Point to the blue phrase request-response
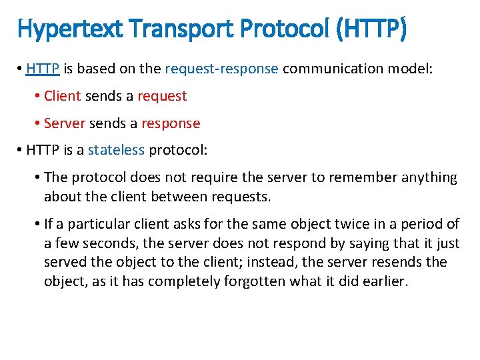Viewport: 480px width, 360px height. [221, 69]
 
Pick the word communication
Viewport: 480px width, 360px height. [333, 69]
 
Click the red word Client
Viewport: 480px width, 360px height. [63, 96]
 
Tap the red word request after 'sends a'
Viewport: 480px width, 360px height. [162, 96]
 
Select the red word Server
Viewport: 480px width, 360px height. [65, 123]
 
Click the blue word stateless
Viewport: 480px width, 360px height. [116, 150]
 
